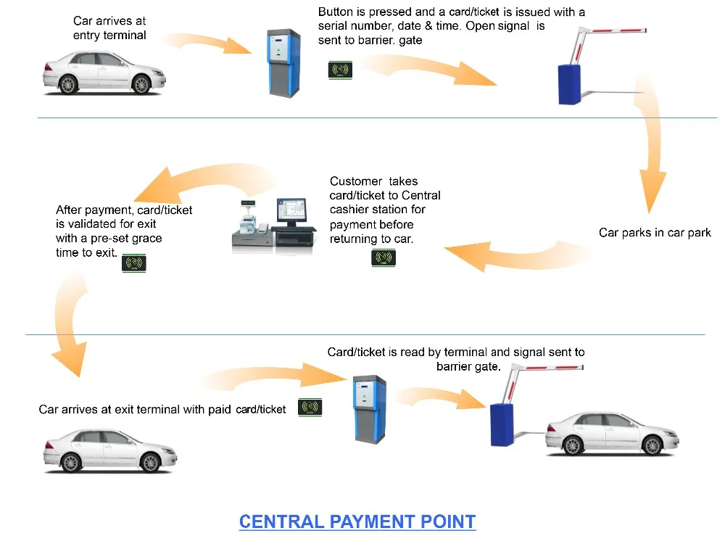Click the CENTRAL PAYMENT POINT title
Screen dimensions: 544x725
coord(357,522)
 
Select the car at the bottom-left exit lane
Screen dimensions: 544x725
coord(109,450)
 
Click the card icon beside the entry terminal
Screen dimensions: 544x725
coord(339,70)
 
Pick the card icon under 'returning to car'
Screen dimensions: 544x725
coord(383,257)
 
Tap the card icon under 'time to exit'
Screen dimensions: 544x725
coord(134,262)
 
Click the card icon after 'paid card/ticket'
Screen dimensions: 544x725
coord(310,407)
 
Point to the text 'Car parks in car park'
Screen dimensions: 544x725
coord(655,233)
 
